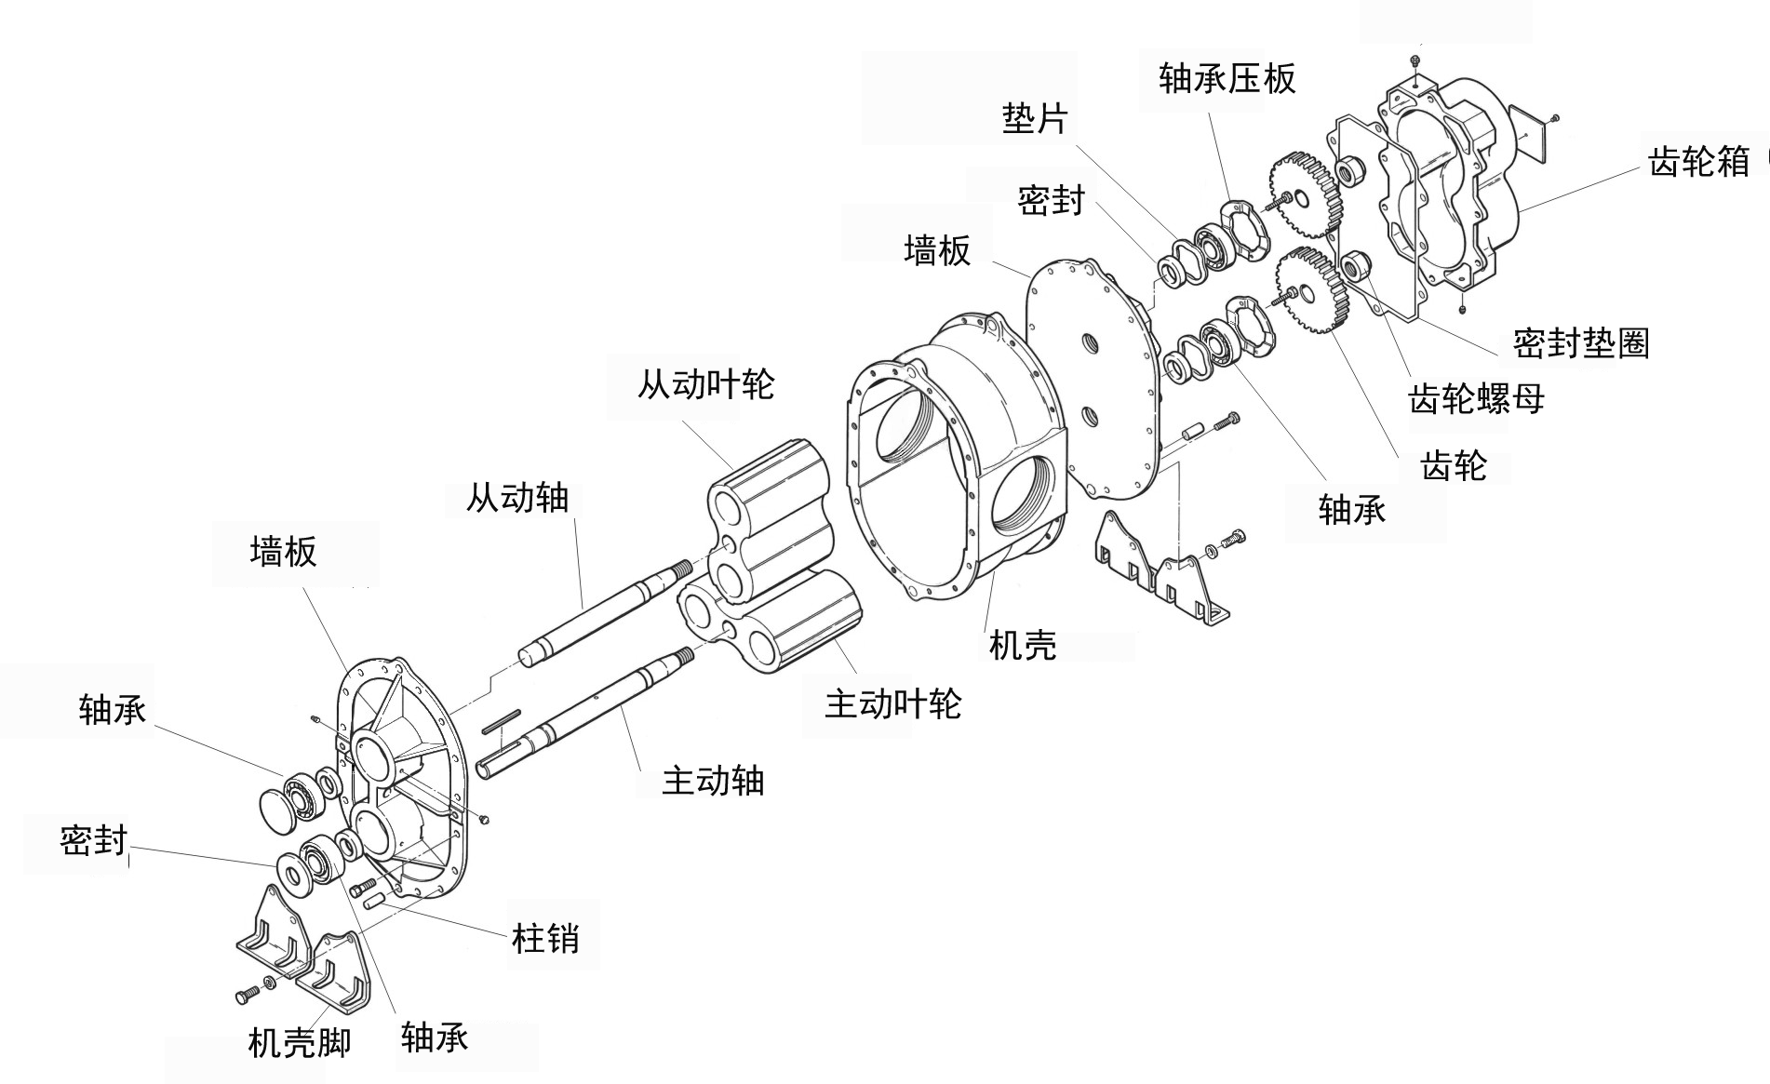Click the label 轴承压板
tap(1227, 79)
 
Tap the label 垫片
tap(1035, 118)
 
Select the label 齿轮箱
tap(1699, 162)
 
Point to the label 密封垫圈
tap(1581, 343)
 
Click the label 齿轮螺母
tap(1477, 399)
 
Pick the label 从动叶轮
tap(705, 384)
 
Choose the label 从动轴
tap(517, 498)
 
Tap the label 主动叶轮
tap(892, 703)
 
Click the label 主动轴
tap(713, 781)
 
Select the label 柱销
tap(545, 938)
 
